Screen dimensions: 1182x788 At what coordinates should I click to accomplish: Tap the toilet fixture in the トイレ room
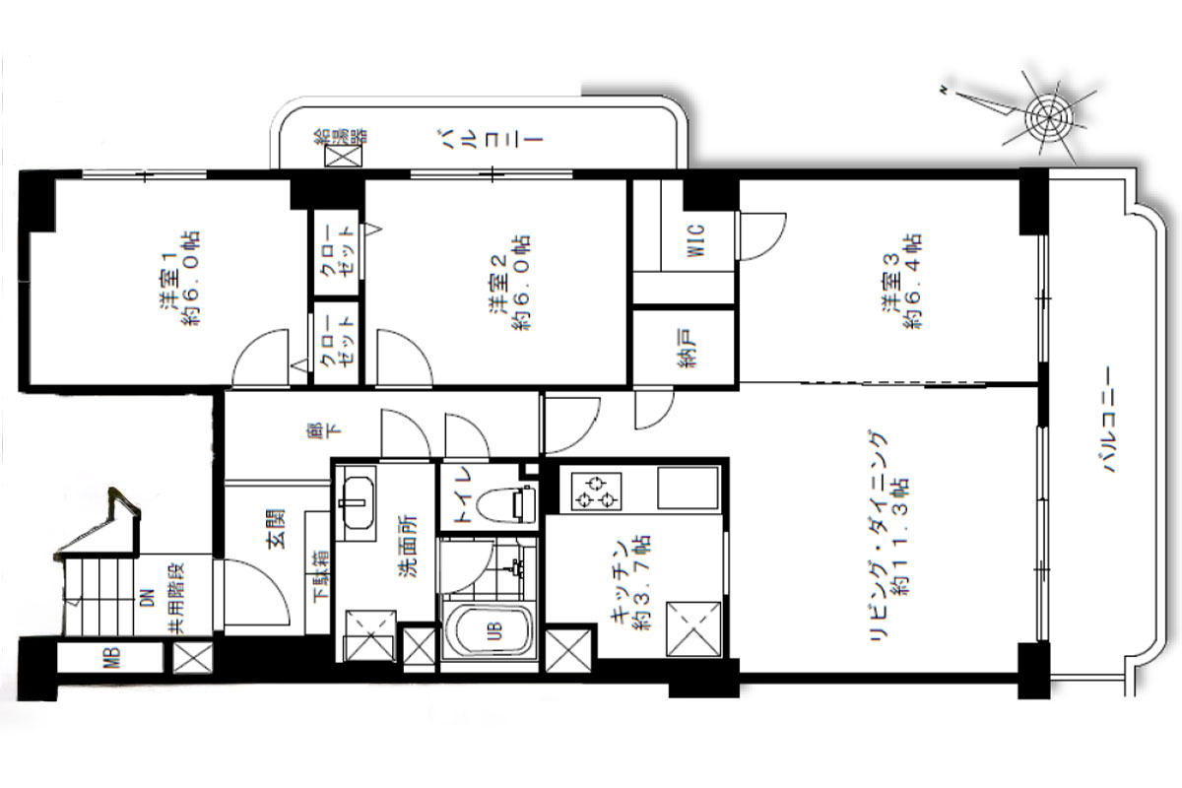click(x=506, y=504)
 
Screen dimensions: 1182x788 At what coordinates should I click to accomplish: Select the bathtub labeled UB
click(x=489, y=630)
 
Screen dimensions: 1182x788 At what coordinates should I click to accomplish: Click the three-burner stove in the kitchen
click(x=596, y=492)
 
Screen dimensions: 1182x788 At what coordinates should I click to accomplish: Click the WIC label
click(x=696, y=240)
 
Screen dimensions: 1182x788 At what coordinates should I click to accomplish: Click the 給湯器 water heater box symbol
click(x=344, y=157)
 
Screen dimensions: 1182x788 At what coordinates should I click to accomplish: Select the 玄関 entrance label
click(x=276, y=528)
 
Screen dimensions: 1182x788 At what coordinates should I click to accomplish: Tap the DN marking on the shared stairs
click(x=148, y=599)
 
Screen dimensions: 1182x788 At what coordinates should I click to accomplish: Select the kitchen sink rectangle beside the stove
click(x=688, y=489)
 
